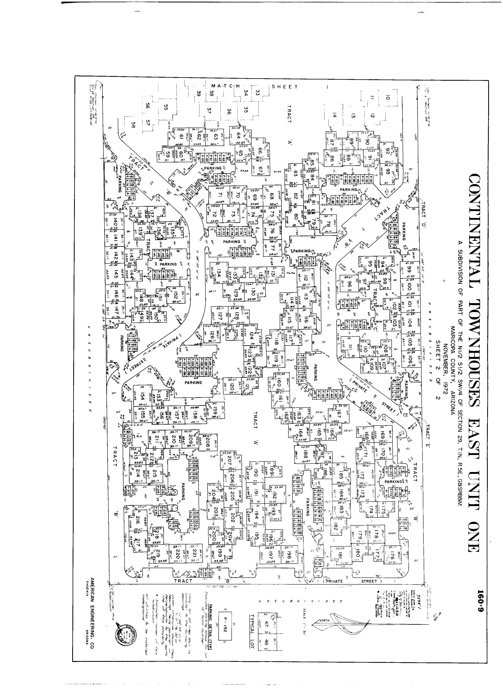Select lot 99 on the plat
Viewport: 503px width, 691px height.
coord(409,270)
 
